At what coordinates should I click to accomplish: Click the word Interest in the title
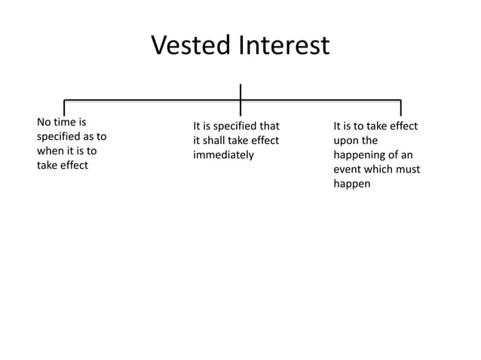click(284, 46)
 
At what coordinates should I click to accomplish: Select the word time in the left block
click(66, 121)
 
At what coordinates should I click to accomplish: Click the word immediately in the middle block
click(224, 156)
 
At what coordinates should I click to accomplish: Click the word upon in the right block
click(347, 141)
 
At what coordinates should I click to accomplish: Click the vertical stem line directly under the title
click(240, 91)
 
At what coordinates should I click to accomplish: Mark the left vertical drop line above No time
click(63, 108)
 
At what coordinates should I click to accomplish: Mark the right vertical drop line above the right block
click(400, 108)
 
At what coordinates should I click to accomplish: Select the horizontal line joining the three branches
click(151, 100)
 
